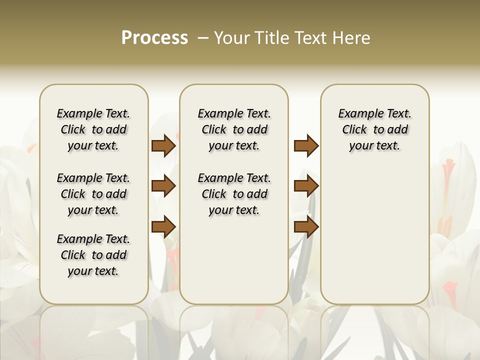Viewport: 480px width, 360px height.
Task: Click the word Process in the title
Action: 154,38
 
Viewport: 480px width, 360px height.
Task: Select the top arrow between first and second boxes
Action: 163,145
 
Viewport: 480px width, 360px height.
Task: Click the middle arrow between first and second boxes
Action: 163,186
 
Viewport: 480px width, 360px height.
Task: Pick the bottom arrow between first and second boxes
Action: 163,226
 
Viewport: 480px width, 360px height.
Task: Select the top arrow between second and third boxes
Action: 306,145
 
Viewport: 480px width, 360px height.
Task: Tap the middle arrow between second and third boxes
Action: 306,186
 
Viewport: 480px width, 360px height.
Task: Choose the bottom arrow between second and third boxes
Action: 306,226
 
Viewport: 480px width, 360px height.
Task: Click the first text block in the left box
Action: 93,129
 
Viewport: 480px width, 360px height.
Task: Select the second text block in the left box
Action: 93,194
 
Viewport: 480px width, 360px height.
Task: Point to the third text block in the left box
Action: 93,255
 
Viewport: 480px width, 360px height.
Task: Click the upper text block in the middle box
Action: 234,129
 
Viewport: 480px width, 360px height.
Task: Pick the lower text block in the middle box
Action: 234,194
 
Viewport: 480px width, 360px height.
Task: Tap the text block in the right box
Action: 374,129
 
